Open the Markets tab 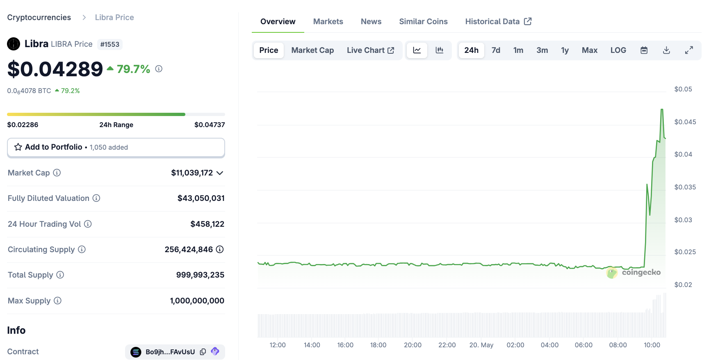(328, 21)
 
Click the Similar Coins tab (423, 21)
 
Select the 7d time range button (496, 50)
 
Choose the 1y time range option (565, 50)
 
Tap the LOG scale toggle (618, 50)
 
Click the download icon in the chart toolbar (666, 50)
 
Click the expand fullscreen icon (689, 50)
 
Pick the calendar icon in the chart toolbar (644, 50)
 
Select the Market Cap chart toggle (312, 50)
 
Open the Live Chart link (370, 50)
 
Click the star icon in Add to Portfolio (18, 147)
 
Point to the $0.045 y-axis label (685, 122)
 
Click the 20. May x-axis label (481, 345)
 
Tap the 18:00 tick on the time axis (378, 345)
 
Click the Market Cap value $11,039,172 (192, 173)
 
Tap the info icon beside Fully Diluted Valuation (96, 198)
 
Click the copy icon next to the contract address (203, 352)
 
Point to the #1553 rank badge (110, 44)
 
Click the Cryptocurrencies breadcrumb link (39, 17)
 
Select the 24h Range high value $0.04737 (210, 125)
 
